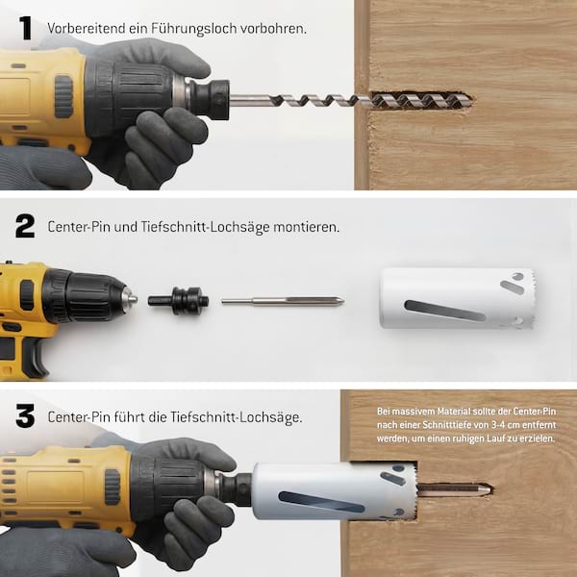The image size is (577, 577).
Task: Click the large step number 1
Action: click(26, 28)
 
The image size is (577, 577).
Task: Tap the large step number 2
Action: click(25, 226)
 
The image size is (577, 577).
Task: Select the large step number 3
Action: click(25, 415)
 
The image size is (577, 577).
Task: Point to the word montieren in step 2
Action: click(306, 227)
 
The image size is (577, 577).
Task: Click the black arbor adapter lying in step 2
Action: click(179, 301)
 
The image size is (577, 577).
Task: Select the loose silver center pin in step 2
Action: click(283, 301)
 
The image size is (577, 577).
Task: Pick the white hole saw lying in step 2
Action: click(457, 298)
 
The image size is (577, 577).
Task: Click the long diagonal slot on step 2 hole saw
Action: click(444, 310)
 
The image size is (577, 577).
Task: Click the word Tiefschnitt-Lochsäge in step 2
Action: click(206, 227)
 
